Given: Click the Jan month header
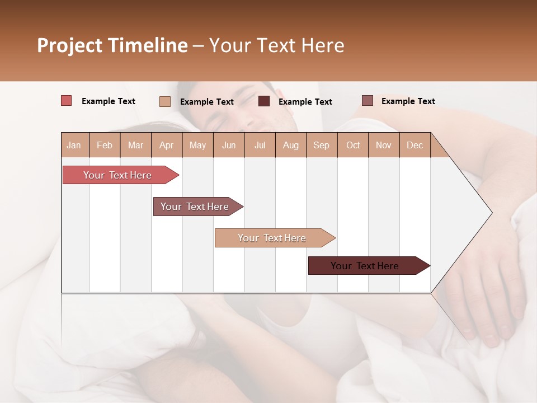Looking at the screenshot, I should click(74, 145).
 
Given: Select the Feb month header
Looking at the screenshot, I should click(105, 145).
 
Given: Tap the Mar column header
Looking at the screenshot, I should click(135, 145).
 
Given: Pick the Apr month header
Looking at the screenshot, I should click(166, 145).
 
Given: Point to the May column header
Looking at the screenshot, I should click(197, 145).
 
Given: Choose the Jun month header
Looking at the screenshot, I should click(229, 145).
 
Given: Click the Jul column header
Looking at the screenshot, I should click(260, 145).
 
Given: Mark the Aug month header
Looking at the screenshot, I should click(290, 145).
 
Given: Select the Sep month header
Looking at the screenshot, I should click(321, 145).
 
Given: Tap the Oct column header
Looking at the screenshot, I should click(353, 145).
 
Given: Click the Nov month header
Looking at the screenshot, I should click(383, 145).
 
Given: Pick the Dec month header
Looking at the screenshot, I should click(414, 145).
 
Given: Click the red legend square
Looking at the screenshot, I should click(67, 101).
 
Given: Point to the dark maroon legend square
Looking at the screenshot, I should click(264, 101).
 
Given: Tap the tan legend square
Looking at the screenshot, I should click(165, 101).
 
